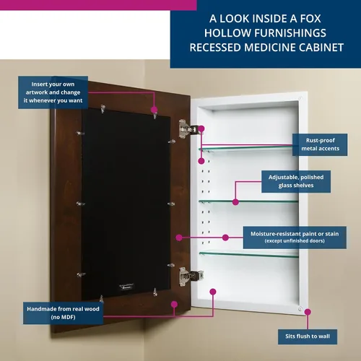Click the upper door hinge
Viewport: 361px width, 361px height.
click(x=188, y=129)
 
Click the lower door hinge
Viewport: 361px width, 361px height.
click(x=191, y=277)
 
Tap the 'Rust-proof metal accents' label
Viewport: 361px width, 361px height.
click(x=320, y=144)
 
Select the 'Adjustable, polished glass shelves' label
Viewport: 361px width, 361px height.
click(x=296, y=181)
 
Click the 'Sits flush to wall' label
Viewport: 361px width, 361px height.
click(x=308, y=336)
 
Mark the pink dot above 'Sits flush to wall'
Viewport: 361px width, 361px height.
click(x=308, y=312)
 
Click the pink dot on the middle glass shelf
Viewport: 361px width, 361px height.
click(x=235, y=202)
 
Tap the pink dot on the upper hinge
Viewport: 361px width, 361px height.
click(x=201, y=129)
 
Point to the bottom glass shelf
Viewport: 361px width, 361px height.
click(x=249, y=254)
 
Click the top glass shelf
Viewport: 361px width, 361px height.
click(x=245, y=148)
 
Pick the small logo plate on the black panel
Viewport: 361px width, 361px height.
click(x=126, y=287)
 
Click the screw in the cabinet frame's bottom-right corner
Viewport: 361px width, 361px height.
click(x=300, y=309)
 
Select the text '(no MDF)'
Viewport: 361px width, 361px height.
click(x=63, y=317)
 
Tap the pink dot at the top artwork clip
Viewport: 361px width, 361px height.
click(x=154, y=110)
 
